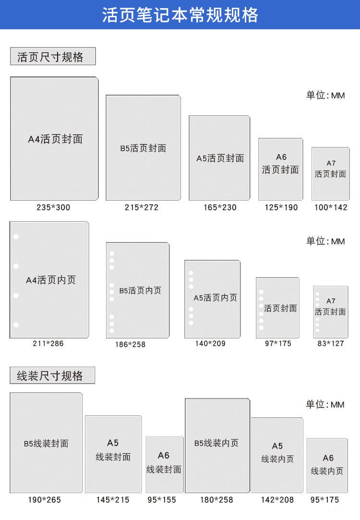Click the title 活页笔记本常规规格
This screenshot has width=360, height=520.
pos(180,15)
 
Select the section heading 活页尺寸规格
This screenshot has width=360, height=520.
pos(50,57)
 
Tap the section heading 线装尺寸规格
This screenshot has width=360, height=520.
pos(50,376)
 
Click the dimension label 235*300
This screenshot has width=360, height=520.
pos(53,207)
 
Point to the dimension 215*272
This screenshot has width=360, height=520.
pos(142,207)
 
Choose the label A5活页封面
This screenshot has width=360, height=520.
pos(220,158)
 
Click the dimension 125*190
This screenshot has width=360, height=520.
pos(281,207)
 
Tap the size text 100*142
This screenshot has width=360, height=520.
pos(331,207)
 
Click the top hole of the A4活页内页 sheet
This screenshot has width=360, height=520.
pos(16,237)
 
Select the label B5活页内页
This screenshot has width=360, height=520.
pos(140,290)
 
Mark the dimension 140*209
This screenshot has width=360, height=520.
pos(210,344)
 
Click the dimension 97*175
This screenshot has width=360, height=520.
pos(278,344)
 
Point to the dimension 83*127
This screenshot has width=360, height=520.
pos(331,344)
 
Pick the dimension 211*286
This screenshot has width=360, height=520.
pos(48,344)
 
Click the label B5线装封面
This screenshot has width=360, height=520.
pos(46,443)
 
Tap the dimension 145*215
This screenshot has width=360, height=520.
pos(113,500)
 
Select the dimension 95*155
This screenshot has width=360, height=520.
pos(162,500)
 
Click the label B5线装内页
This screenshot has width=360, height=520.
pos(216,443)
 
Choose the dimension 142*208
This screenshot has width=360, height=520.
pos(277,500)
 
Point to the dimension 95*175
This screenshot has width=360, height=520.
pos(324,500)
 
